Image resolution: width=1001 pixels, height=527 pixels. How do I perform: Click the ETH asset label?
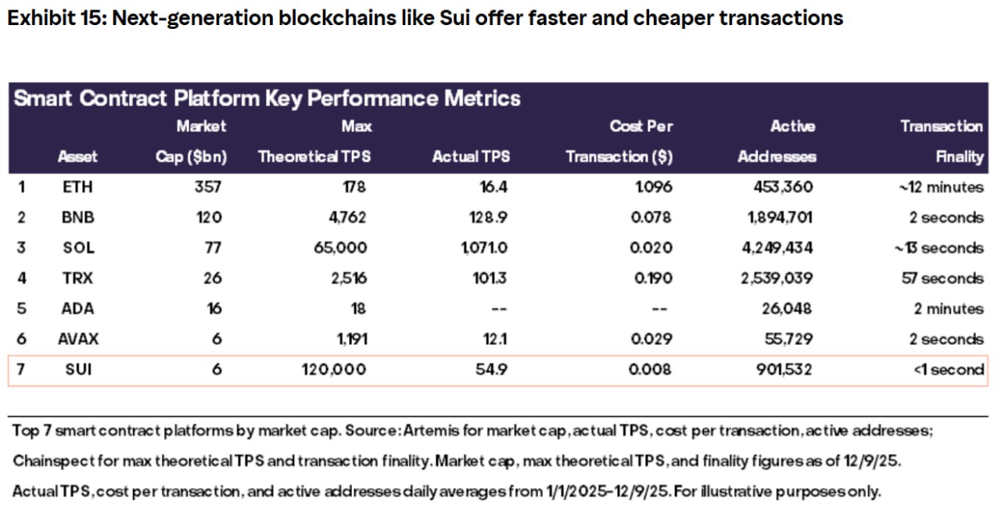click(x=77, y=187)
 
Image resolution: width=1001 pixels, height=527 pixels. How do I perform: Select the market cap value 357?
click(x=210, y=187)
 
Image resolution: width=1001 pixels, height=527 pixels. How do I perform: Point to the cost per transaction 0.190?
click(x=651, y=278)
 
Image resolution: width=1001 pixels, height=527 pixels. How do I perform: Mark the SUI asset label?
click(x=78, y=370)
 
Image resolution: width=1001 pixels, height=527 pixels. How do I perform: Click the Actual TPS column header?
click(x=471, y=156)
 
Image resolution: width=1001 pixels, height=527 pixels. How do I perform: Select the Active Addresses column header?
click(x=777, y=142)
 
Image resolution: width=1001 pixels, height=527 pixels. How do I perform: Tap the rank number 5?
click(x=22, y=309)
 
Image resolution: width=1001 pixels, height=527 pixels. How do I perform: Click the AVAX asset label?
click(x=78, y=339)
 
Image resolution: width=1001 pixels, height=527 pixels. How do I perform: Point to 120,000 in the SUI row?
click(x=333, y=370)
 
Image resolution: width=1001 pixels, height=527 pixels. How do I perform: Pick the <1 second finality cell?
click(x=949, y=370)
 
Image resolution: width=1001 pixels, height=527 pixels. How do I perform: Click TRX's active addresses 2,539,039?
click(x=777, y=278)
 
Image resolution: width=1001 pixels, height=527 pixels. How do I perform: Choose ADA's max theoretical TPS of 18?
click(x=357, y=309)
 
